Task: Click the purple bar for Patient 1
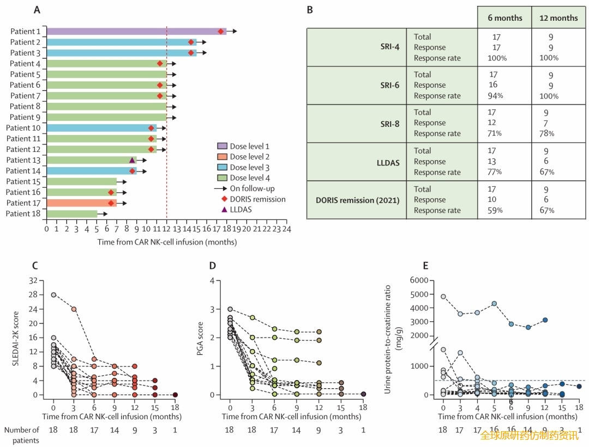pyautogui.click(x=131, y=32)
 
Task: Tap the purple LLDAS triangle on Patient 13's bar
pyautogui.click(x=132, y=160)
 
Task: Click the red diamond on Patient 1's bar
pyautogui.click(x=221, y=32)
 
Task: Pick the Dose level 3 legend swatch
pyautogui.click(x=222, y=168)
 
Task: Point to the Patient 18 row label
pyautogui.click(x=23, y=214)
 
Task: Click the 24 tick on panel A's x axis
pyautogui.click(x=286, y=230)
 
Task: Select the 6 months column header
pyautogui.click(x=504, y=18)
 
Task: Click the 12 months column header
pyautogui.click(x=558, y=18)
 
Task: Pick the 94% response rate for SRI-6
pyautogui.click(x=496, y=96)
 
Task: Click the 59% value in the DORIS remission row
pyautogui.click(x=496, y=211)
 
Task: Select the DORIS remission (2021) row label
pyautogui.click(x=358, y=200)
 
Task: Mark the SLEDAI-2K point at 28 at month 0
pyautogui.click(x=53, y=295)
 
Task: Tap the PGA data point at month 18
pyautogui.click(x=363, y=394)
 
